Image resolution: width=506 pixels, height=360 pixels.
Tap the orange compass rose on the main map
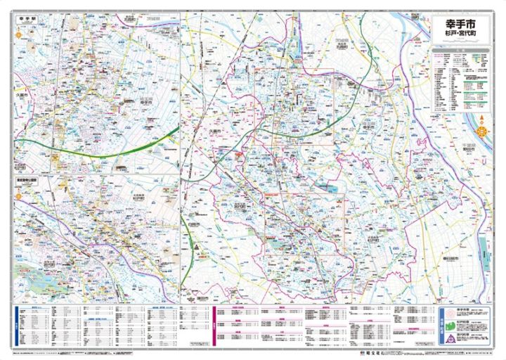coord(482,130)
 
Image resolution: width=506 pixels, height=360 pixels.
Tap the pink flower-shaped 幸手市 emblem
coord(444,314)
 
